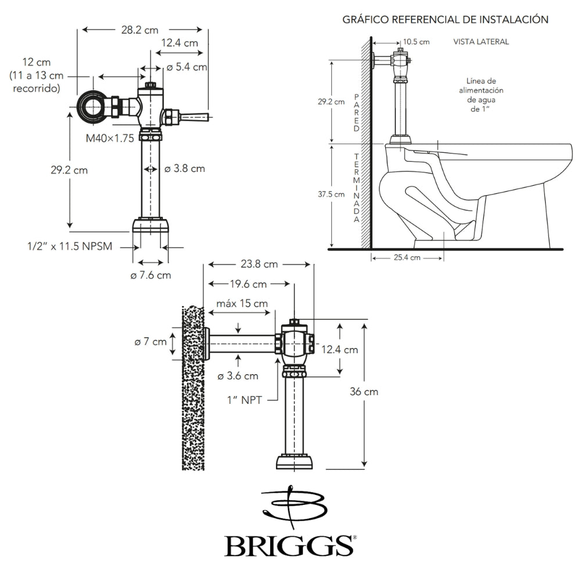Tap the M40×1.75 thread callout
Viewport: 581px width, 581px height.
pos(110,138)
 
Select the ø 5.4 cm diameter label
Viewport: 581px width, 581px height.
pos(187,67)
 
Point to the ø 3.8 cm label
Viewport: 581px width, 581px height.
pos(184,169)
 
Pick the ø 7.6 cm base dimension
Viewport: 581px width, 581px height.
pos(150,275)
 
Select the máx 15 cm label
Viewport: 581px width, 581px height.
pos(242,303)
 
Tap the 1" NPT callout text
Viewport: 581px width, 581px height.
pos(243,399)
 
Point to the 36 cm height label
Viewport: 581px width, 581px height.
pos(364,392)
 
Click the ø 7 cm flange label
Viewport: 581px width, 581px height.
pos(150,342)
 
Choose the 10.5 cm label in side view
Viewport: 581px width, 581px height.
pos(416,42)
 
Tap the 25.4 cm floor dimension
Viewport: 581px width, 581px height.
pos(407,259)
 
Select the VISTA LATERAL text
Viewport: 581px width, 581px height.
pos(481,42)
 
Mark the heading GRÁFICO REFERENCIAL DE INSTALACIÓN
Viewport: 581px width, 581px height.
pos(445,20)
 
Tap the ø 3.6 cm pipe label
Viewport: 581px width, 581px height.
pos(238,376)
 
